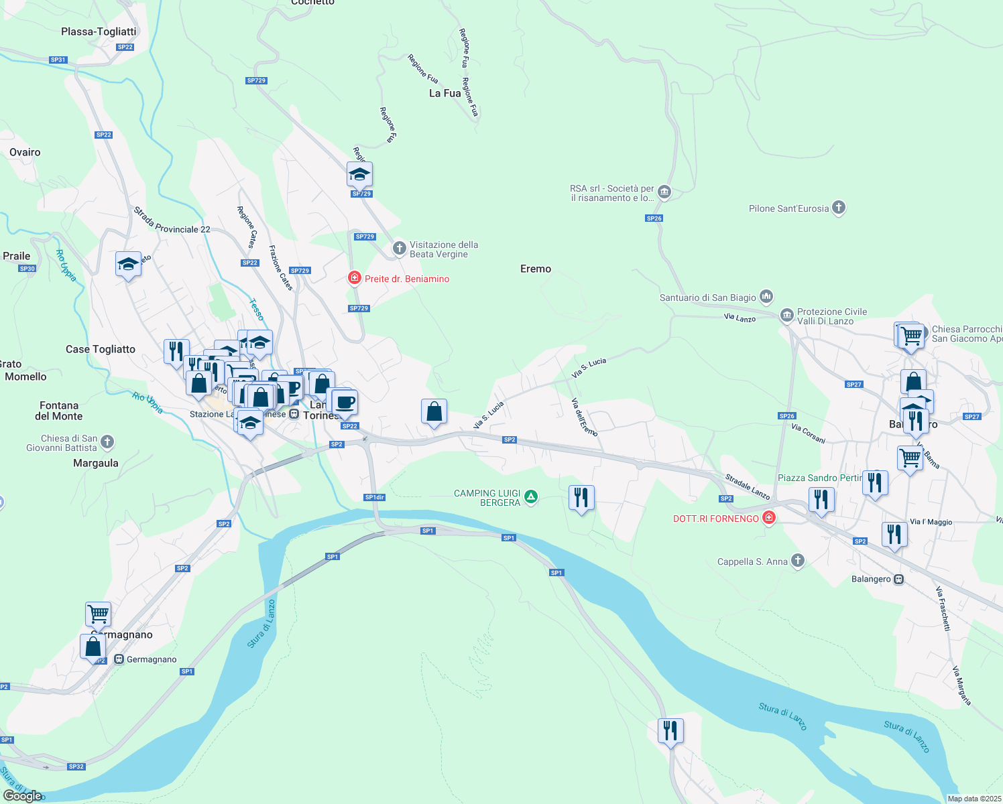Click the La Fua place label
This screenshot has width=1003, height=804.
coord(445,93)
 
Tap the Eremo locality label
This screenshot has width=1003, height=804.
coord(536,269)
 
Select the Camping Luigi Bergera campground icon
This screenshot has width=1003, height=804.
coord(531,497)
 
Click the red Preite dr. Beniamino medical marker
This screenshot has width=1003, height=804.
coord(355,278)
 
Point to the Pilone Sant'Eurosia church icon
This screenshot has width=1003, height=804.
coord(839,208)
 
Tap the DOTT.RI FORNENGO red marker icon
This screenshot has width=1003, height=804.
coord(769,518)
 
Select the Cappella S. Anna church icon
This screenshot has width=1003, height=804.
coord(797,561)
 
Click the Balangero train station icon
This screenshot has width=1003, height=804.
coord(899,579)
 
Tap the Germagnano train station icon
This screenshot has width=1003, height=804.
coord(119,659)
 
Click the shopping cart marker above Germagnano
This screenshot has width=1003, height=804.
coord(99,613)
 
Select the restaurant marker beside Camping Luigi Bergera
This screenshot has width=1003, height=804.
coord(581,497)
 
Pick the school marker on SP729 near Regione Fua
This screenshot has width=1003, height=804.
coord(359,175)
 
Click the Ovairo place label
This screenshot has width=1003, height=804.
coord(25,152)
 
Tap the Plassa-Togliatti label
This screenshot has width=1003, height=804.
coord(99,31)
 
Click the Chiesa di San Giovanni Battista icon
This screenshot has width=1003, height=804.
coord(107,442)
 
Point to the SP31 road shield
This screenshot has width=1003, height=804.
coord(58,60)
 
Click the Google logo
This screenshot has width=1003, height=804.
coord(23,796)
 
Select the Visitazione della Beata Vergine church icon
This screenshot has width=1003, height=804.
coord(400,249)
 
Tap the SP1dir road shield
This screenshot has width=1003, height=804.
coord(374,497)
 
